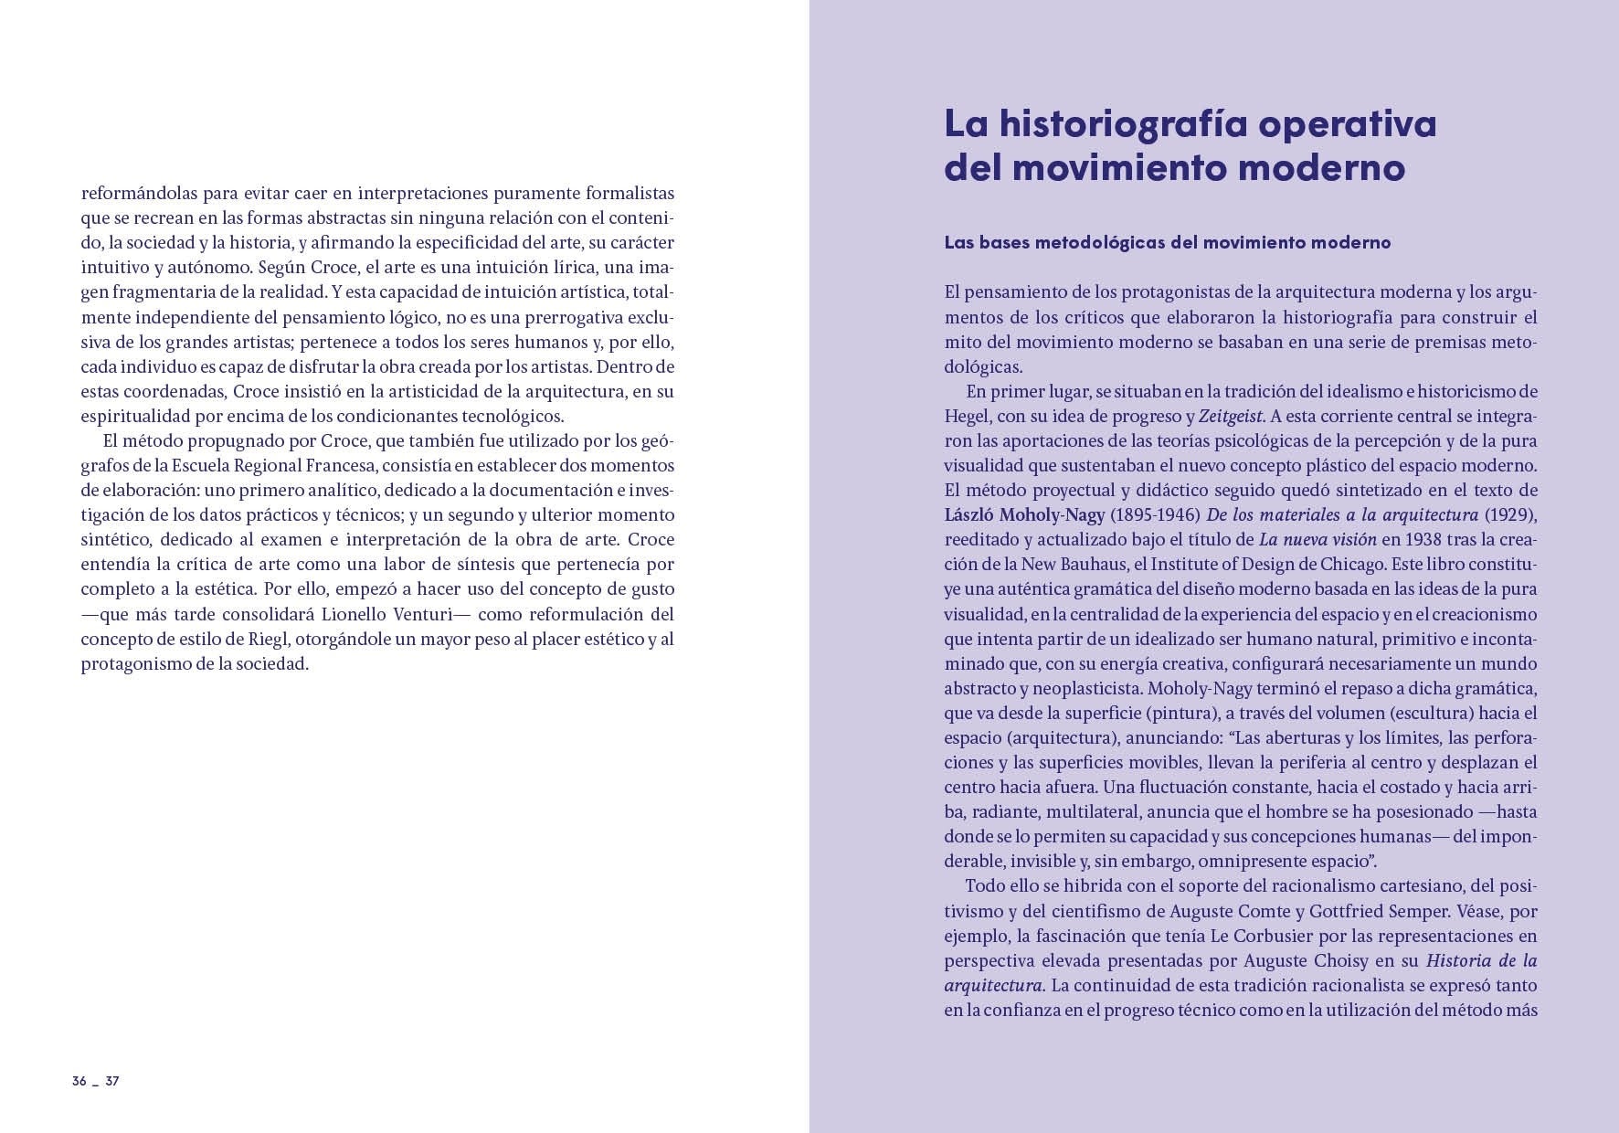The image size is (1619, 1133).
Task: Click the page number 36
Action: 79,1081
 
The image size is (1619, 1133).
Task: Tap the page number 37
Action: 112,1081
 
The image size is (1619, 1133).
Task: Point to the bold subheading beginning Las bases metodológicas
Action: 1167,242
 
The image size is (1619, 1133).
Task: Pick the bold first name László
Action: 978,514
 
